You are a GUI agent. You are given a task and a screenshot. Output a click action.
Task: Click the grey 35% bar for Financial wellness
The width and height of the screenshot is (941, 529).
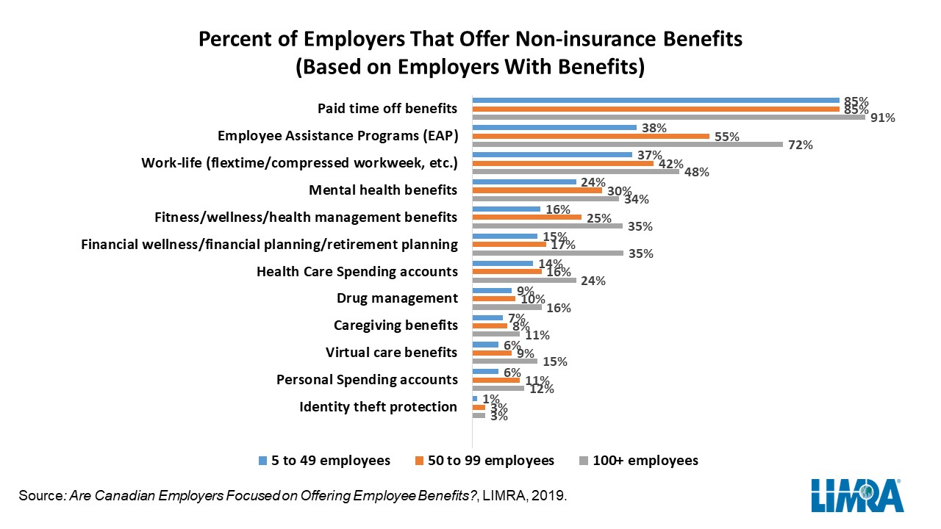tap(547, 253)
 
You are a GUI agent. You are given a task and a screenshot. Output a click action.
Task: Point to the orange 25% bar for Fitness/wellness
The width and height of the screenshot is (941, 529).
tap(526, 217)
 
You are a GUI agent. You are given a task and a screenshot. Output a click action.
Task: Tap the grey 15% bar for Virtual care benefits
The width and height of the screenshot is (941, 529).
tap(504, 361)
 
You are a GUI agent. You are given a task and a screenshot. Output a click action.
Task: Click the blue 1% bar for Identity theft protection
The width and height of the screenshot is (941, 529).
tap(475, 398)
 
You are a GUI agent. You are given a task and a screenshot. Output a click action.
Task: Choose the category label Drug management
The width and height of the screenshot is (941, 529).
tap(397, 298)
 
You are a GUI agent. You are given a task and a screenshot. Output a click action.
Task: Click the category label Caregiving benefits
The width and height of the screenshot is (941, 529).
tap(396, 325)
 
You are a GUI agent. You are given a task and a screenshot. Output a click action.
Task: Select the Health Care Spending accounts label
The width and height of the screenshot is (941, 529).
tap(357, 272)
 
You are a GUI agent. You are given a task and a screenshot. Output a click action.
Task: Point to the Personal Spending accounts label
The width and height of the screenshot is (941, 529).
tap(367, 380)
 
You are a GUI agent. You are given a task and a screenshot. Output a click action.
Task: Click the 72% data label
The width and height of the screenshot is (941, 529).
tap(801, 145)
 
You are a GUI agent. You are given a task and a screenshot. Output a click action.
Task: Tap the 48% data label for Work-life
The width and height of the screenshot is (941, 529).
tap(697, 173)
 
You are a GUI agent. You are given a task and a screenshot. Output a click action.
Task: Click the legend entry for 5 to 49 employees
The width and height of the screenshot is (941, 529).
tap(324, 461)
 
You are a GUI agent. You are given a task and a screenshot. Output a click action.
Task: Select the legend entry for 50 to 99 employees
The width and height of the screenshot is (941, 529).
tap(484, 461)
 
